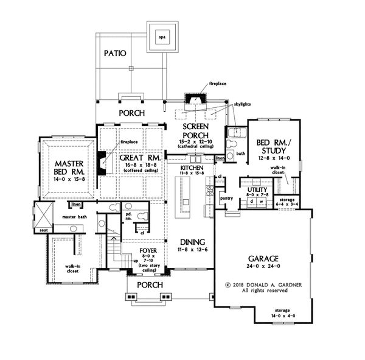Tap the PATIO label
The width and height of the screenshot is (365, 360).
(114, 53)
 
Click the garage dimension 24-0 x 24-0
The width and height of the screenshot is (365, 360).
(260, 267)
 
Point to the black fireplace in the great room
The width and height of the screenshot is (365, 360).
(99, 164)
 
